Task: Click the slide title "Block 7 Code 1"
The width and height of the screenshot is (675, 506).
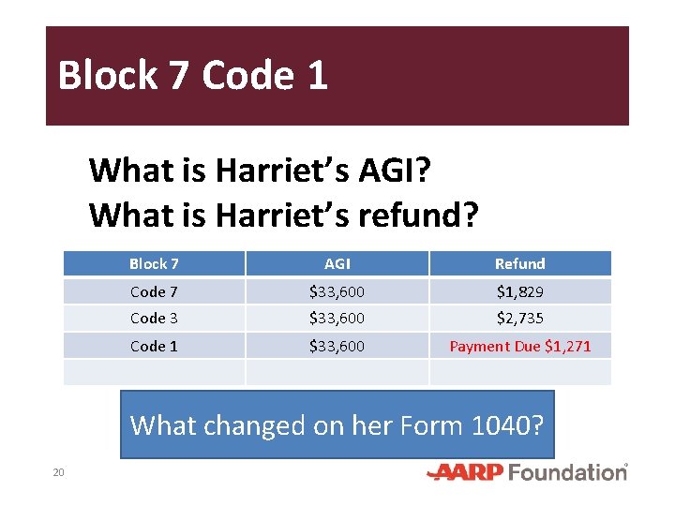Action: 192,75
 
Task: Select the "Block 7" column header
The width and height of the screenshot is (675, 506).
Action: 154,264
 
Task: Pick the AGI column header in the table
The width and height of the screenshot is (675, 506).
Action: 337,264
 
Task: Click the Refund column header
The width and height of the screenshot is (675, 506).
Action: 519,264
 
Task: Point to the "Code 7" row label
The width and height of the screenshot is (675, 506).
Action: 154,292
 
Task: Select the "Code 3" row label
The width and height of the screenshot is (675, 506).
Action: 154,319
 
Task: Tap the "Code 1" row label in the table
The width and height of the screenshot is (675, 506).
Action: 154,347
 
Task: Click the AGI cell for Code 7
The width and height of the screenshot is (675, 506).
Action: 337,292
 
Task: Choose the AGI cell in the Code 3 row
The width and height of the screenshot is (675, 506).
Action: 337,319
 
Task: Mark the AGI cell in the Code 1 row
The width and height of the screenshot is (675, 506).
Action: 337,347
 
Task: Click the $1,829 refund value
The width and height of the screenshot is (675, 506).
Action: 519,292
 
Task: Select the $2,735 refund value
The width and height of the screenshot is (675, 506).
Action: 519,319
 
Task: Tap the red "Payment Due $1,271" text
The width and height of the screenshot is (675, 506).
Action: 520,347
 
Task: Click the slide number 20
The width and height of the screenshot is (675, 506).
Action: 58,472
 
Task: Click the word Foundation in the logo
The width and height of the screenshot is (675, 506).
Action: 567,472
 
